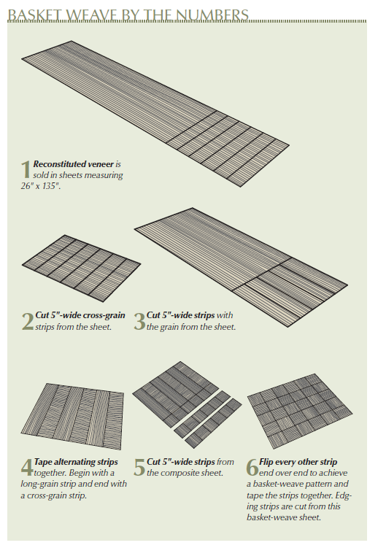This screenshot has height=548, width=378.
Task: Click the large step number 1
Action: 26,170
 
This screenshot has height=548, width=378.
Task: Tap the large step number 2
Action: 28,322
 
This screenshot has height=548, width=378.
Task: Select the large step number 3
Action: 139,322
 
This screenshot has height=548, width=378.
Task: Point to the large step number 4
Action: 27,468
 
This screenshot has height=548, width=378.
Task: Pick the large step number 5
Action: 139,468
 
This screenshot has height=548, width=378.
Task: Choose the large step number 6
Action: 252,468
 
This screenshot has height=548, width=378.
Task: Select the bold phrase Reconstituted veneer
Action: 74,164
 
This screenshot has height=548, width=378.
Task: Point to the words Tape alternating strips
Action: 76,462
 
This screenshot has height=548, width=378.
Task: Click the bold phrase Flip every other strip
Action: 298,462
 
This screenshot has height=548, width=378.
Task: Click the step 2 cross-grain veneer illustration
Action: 81,268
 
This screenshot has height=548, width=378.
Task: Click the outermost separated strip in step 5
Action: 214,423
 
